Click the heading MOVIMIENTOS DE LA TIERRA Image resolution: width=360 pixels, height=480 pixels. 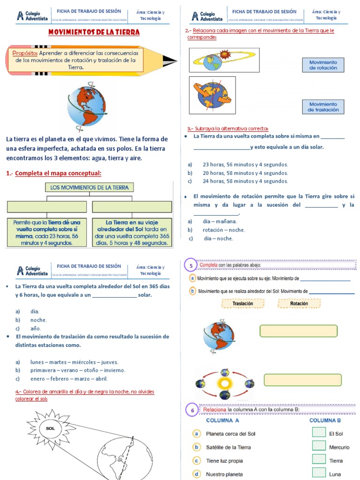94,33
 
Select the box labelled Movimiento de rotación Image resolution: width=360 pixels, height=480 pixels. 323,65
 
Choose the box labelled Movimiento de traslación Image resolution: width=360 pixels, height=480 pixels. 323,107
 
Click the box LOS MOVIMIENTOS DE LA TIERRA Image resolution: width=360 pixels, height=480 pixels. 90,187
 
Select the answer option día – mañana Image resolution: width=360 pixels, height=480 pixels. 220,221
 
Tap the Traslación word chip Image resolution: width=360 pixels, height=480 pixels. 243,304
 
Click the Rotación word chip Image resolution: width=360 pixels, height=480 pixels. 299,304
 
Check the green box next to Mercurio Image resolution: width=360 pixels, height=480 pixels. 319,446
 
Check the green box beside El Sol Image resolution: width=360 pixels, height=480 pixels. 319,432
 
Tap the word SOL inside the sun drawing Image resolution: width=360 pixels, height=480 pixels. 50,428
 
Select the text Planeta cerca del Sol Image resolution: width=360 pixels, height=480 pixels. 231,434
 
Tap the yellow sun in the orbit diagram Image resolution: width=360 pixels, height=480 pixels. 224,382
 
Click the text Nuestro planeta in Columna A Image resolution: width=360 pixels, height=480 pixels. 225,474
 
